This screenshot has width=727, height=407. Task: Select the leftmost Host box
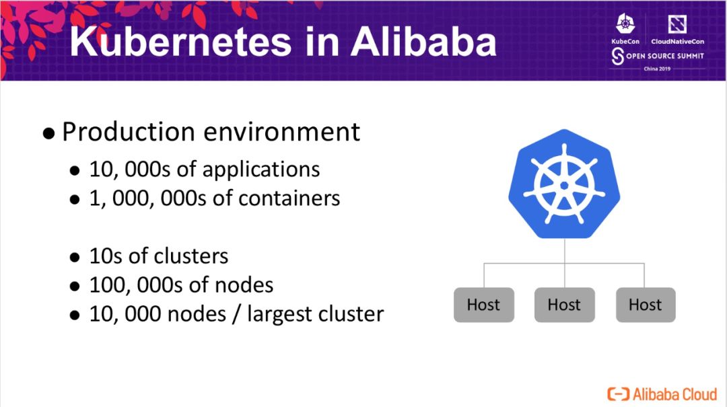pos(483,305)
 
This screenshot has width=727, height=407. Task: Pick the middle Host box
pos(564,305)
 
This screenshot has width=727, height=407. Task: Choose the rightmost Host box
pos(645,305)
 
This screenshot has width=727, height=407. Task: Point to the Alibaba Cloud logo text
pos(674,394)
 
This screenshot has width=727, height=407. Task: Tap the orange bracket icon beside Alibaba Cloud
pos(618,394)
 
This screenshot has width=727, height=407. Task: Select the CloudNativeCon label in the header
pos(677,42)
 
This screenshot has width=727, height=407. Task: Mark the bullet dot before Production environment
pos(48,133)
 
